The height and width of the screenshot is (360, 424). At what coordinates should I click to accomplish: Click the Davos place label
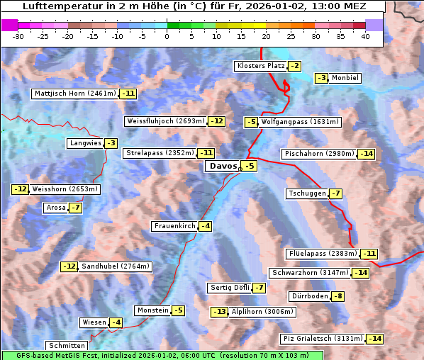(x=222, y=166)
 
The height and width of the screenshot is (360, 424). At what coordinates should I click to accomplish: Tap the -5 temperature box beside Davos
(x=248, y=166)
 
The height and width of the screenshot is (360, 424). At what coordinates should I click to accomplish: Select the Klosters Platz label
(x=260, y=66)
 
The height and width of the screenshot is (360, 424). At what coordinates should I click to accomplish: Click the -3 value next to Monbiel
(x=322, y=78)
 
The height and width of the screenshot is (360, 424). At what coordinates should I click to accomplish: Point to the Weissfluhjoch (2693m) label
(x=165, y=121)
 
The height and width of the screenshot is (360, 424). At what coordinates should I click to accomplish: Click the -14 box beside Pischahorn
(x=365, y=154)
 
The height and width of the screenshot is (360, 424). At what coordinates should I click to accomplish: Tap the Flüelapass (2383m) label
(x=322, y=253)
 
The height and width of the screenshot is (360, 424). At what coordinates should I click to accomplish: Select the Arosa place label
(x=55, y=208)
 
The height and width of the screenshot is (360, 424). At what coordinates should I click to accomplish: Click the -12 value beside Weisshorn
(x=20, y=189)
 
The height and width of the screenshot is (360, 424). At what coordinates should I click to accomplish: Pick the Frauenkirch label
(x=174, y=226)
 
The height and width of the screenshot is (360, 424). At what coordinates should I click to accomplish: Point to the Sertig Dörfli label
(x=229, y=287)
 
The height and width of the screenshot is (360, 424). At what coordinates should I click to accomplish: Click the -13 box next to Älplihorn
(x=220, y=311)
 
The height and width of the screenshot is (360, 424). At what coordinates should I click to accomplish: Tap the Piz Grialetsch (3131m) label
(x=323, y=338)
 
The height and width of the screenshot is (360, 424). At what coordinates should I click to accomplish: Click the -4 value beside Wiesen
(x=115, y=322)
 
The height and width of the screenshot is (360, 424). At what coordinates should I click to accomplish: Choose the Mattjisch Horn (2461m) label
(x=74, y=93)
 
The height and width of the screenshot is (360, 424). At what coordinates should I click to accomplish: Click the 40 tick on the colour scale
(x=365, y=36)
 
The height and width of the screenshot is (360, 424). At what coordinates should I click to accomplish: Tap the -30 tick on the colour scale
(x=18, y=36)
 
